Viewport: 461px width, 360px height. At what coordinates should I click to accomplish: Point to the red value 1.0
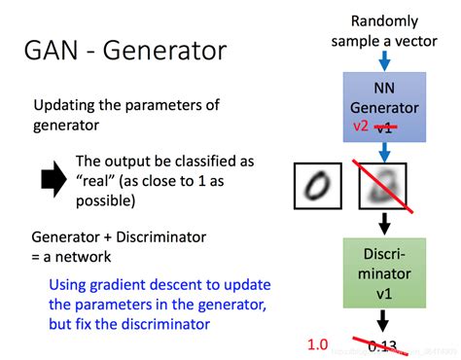pos(319,343)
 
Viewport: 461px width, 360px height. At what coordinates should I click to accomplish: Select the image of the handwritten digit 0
pos(317,186)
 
